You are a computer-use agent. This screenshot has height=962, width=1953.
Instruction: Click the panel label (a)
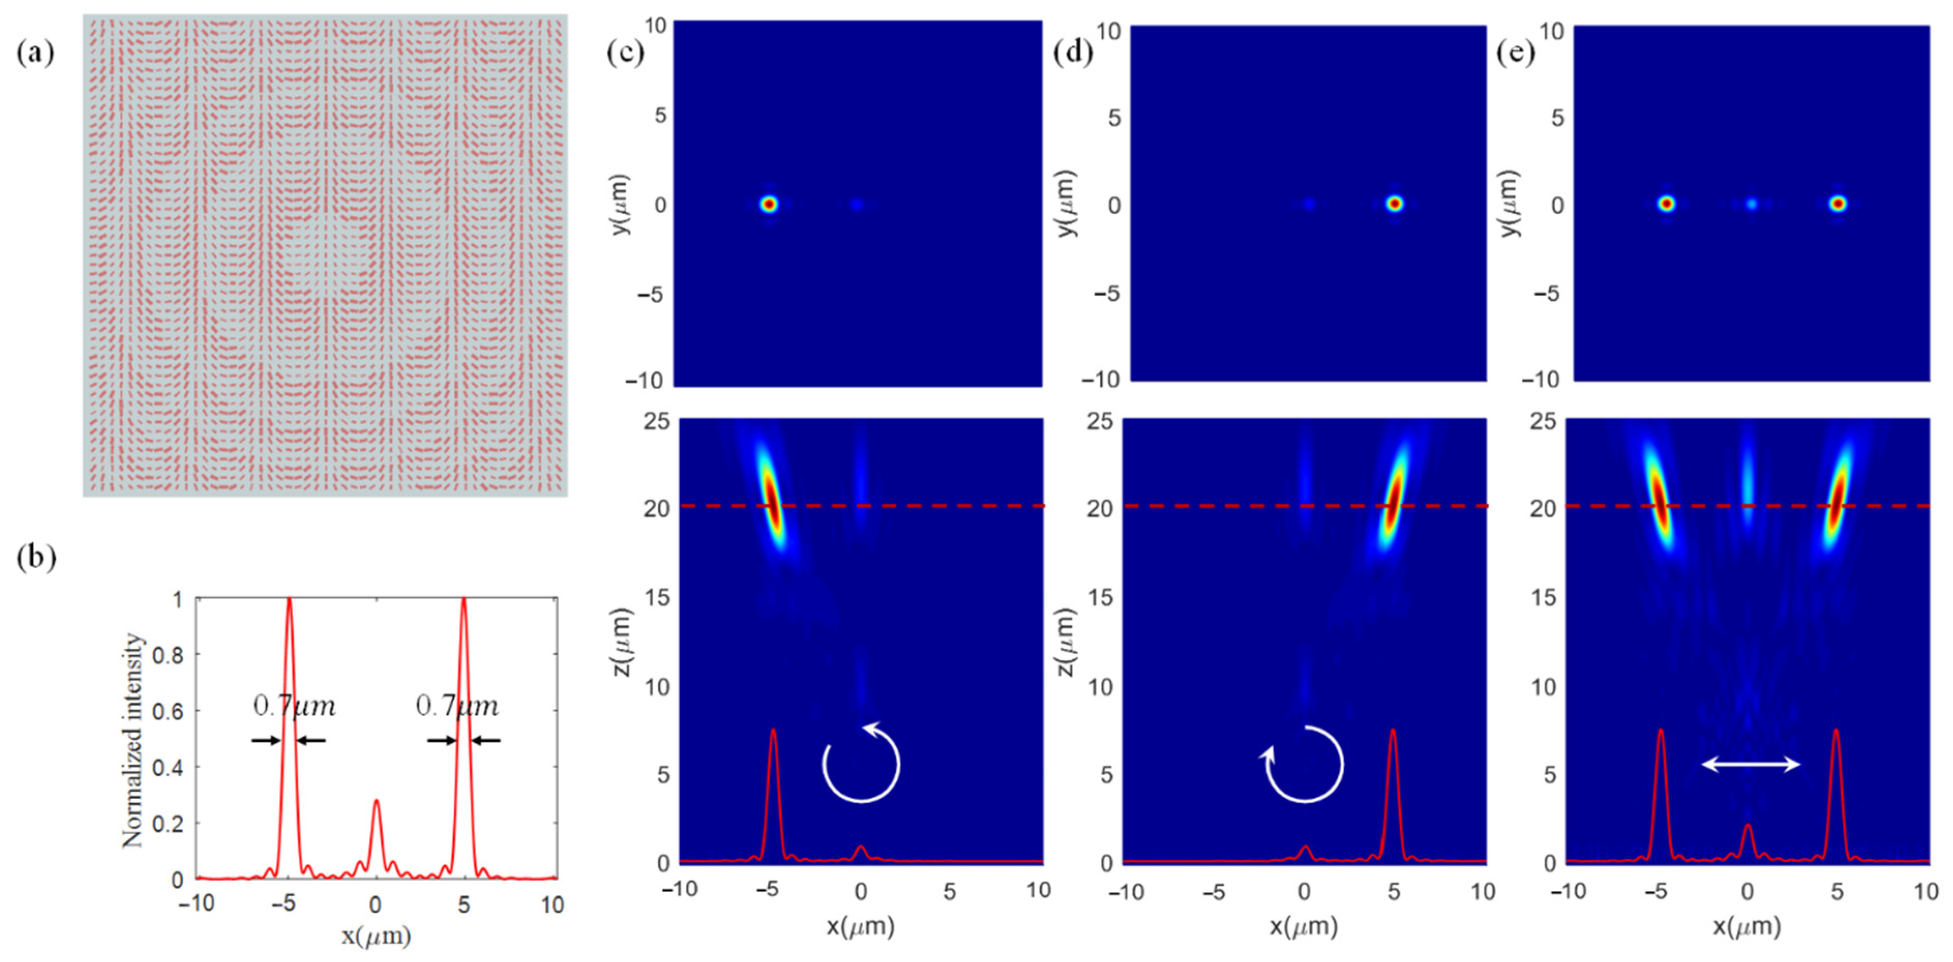(35, 53)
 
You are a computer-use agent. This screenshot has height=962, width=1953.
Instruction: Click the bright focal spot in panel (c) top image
(769, 204)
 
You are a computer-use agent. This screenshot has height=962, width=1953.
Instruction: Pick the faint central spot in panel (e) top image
(1751, 204)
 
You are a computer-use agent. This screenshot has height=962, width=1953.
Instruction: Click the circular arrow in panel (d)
(1304, 764)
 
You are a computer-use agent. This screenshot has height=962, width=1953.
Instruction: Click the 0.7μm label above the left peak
(294, 706)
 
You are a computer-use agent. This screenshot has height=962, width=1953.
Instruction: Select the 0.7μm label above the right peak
(457, 706)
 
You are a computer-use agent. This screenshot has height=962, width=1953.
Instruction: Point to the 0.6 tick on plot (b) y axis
(168, 711)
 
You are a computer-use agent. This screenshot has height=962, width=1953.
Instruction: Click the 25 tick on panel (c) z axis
(657, 420)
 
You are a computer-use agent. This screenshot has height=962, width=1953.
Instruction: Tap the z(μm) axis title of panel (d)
(1065, 641)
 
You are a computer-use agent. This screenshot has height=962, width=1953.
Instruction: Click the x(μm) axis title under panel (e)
(1746, 926)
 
